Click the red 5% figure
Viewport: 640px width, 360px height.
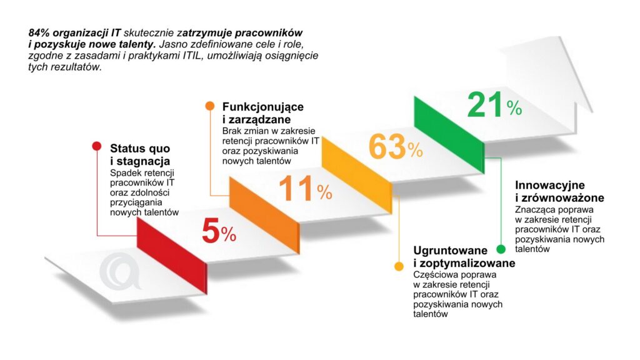(x=219, y=233)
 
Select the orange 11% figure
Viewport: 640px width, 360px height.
(x=305, y=189)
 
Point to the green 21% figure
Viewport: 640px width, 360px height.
(x=494, y=106)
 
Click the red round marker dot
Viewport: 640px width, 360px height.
(x=96, y=146)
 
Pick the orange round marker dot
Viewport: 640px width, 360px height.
(x=209, y=106)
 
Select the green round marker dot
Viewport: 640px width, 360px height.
(x=501, y=249)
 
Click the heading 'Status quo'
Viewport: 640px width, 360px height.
(x=139, y=149)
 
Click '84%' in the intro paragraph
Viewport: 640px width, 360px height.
(x=39, y=32)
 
